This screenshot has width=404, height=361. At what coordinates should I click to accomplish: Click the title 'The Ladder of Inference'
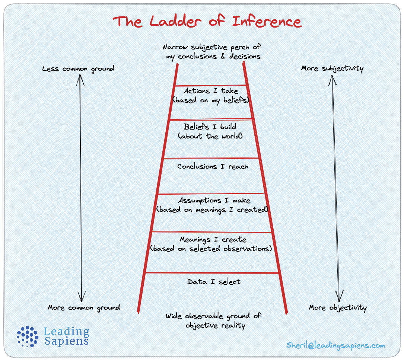pyautogui.click(x=207, y=21)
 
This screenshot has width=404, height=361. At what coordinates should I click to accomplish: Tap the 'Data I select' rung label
pyautogui.click(x=214, y=282)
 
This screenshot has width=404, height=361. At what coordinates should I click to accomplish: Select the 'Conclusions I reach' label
pyautogui.click(x=213, y=166)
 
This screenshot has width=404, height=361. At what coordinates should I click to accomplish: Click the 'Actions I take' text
pyautogui.click(x=211, y=91)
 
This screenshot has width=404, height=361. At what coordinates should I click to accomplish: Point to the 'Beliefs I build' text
pyautogui.click(x=210, y=127)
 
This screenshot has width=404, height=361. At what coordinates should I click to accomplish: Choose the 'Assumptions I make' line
pyautogui.click(x=214, y=201)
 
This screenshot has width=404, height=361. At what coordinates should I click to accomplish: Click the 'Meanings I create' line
pyautogui.click(x=213, y=239)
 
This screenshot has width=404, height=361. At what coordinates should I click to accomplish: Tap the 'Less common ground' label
pyautogui.click(x=78, y=68)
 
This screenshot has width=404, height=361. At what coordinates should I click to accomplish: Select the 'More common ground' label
pyautogui.click(x=84, y=308)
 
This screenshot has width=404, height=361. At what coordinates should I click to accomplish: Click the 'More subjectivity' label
pyautogui.click(x=332, y=68)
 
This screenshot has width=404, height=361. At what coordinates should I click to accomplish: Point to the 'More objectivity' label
pyautogui.click(x=338, y=308)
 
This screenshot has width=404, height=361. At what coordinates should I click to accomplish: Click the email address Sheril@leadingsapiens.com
pyautogui.click(x=335, y=345)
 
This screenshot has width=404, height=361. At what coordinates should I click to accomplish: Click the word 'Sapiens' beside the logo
pyautogui.click(x=66, y=341)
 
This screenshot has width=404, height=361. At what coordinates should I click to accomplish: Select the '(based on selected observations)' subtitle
pyautogui.click(x=211, y=248)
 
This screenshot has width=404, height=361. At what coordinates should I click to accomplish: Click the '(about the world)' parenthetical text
pyautogui.click(x=210, y=136)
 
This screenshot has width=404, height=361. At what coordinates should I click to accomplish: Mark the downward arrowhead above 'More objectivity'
pyautogui.click(x=338, y=298)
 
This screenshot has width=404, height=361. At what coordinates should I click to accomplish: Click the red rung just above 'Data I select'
pyautogui.click(x=212, y=273)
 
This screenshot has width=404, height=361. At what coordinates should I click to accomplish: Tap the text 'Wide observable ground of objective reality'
pyautogui.click(x=213, y=321)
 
